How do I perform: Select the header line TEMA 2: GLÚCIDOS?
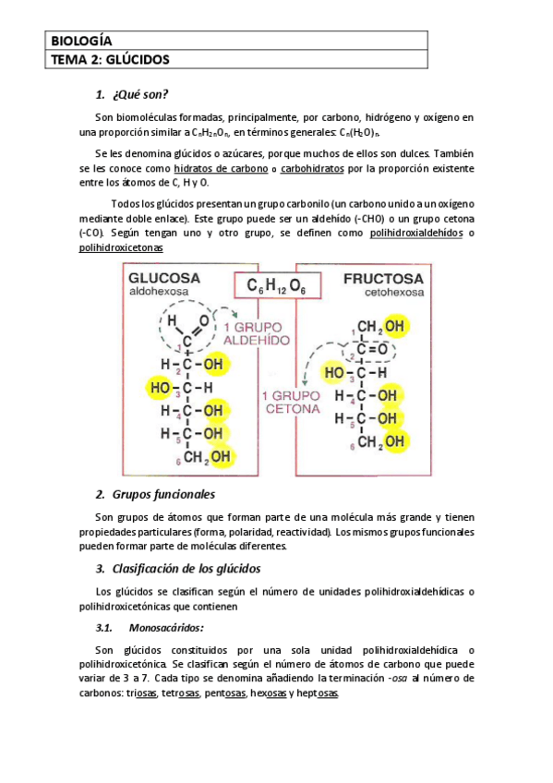click(x=110, y=60)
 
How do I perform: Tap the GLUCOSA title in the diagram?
click(x=164, y=278)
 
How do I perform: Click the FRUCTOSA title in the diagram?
click(x=383, y=278)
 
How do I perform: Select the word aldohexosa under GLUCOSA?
click(x=159, y=292)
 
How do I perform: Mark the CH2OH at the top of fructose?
click(x=381, y=326)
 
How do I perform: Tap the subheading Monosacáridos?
click(x=166, y=628)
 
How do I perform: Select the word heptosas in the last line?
click(x=317, y=693)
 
